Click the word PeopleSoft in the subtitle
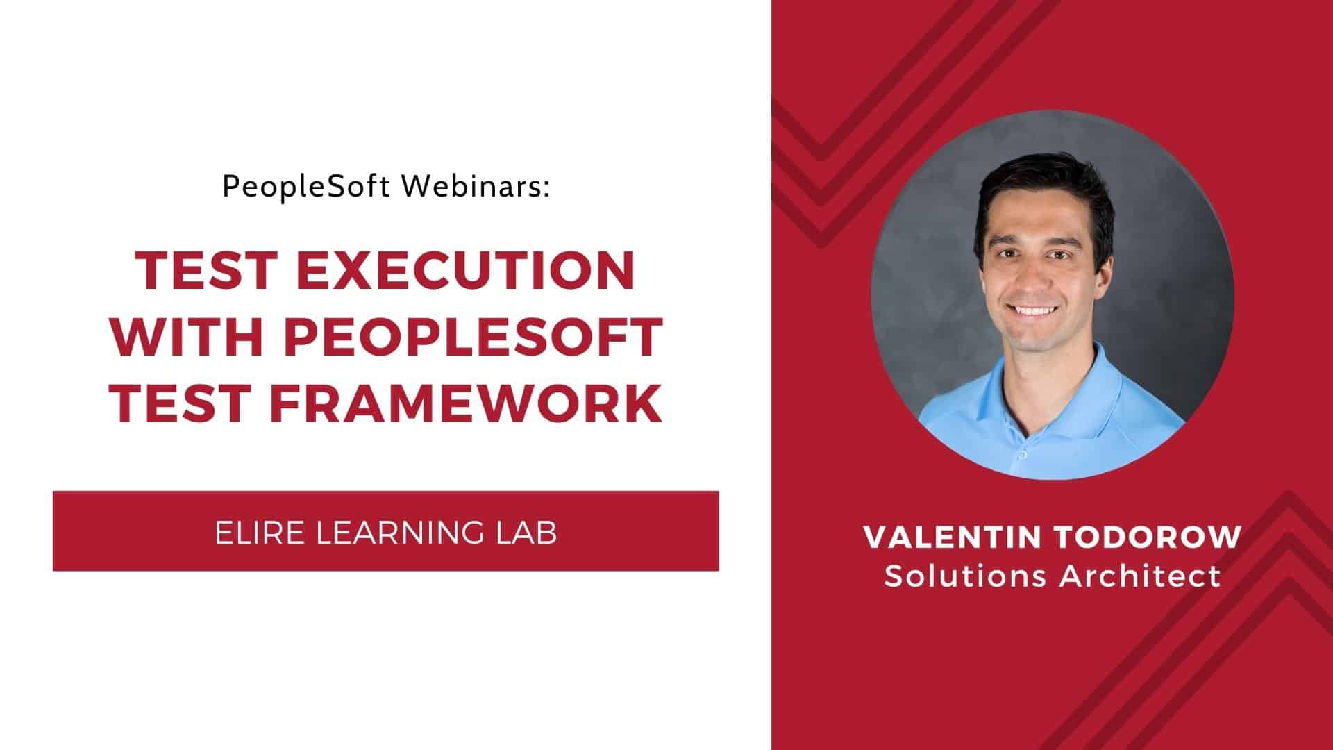[306, 187]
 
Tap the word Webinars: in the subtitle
[476, 186]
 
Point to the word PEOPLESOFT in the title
[473, 337]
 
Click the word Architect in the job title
[1140, 576]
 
